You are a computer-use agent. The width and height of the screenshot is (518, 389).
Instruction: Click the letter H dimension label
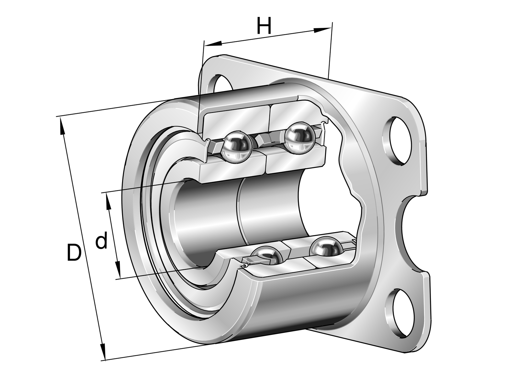click(264, 26)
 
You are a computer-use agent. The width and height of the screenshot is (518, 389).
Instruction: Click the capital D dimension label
click(74, 253)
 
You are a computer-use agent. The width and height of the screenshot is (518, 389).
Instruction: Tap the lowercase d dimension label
click(102, 240)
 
